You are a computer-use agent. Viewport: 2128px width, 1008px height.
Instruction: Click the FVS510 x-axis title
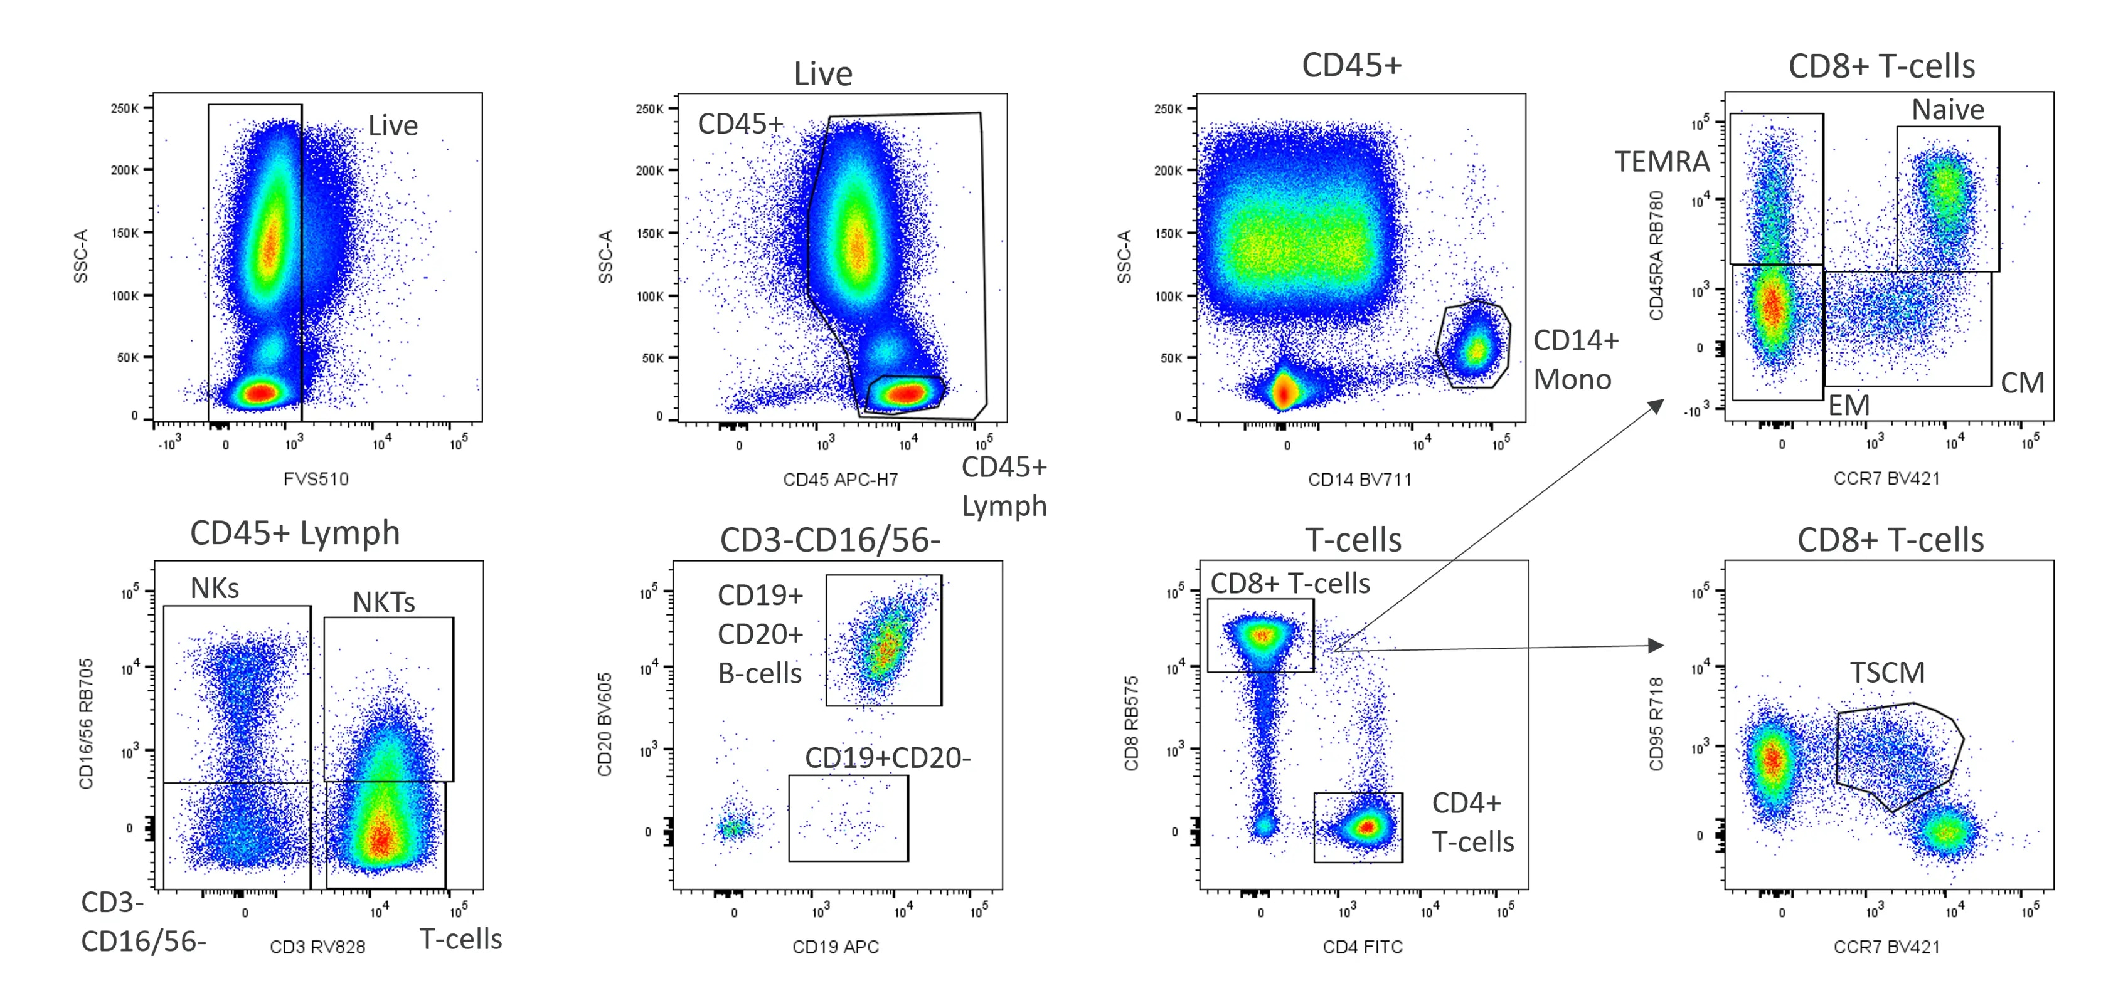316,479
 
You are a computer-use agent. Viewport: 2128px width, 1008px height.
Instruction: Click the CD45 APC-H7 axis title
840,480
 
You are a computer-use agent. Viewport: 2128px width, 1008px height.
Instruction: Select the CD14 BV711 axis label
1359,480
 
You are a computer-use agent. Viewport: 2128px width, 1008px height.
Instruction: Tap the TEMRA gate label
1662,162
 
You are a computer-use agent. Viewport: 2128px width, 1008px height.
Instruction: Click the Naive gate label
1947,110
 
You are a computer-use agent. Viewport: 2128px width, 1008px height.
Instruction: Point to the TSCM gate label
1887,673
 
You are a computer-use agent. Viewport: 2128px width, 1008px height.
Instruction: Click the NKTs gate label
383,602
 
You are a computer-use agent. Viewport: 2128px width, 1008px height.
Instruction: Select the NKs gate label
215,589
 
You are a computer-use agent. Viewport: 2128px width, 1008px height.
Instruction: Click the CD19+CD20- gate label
887,759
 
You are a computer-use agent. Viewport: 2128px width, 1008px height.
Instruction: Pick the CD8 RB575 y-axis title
1131,724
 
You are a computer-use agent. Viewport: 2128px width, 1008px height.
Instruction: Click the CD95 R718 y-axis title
1656,724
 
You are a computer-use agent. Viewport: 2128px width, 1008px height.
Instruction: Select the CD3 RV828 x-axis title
317,947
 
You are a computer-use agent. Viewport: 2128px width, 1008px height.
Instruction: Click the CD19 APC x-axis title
835,947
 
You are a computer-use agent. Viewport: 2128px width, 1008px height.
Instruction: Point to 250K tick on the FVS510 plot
125,108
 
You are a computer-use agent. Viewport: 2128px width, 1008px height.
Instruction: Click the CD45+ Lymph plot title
295,533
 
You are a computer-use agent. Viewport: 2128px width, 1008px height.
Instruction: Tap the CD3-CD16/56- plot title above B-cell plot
829,540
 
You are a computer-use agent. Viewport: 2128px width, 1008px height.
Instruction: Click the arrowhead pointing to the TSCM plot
1654,646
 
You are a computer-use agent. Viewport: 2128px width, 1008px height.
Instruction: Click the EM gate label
1848,406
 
